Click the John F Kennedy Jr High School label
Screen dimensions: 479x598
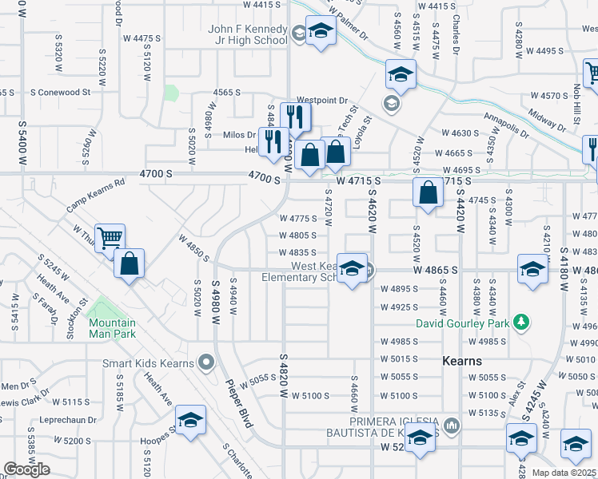pos(247,34)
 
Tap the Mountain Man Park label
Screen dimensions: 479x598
pos(112,329)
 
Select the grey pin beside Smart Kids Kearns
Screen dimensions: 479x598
pos(205,362)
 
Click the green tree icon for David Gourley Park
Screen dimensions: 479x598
pos(522,323)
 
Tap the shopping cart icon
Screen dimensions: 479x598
pos(110,237)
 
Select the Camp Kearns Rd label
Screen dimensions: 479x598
pos(96,194)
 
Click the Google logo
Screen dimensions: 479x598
pos(27,469)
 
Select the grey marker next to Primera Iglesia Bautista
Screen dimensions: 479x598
pos(452,426)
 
